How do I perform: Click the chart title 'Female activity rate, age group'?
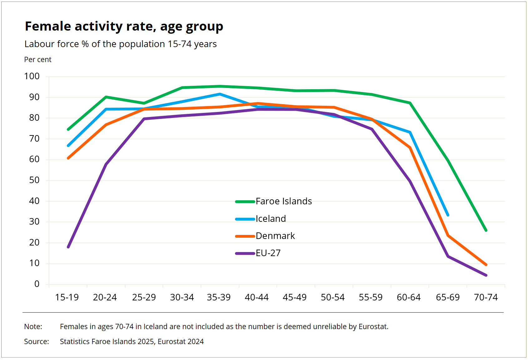pyautogui.click(x=124, y=27)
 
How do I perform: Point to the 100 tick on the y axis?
pyautogui.click(x=32, y=76)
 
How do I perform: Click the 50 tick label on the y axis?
pyautogui.click(x=34, y=180)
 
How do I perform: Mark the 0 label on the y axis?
pyautogui.click(x=37, y=284)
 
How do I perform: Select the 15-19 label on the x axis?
pyautogui.click(x=67, y=297)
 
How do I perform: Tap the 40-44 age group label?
pyautogui.click(x=257, y=297)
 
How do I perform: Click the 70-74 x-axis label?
pyautogui.click(x=486, y=297)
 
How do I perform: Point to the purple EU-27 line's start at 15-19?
pyautogui.click(x=68, y=247)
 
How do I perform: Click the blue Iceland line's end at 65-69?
pyautogui.click(x=448, y=215)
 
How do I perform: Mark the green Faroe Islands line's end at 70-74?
pyautogui.click(x=486, y=230)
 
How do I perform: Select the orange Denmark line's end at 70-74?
pyautogui.click(x=486, y=265)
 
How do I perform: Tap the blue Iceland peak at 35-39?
pyautogui.click(x=220, y=94)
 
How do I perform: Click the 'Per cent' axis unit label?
pyautogui.click(x=38, y=60)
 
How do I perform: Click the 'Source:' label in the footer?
pyautogui.click(x=37, y=342)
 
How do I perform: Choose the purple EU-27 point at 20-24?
pyautogui.click(x=106, y=164)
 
